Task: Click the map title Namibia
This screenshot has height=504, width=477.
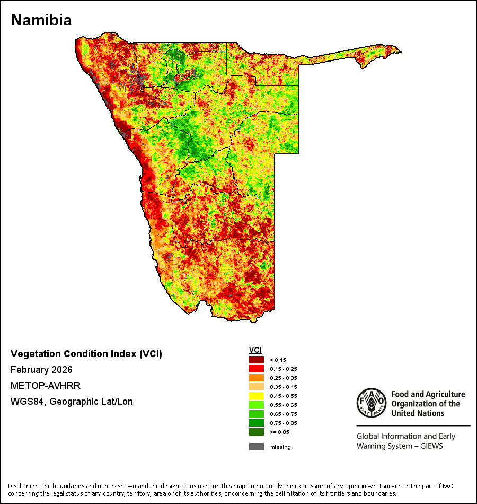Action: [x=41, y=20]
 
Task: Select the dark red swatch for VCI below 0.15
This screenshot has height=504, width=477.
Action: [x=257, y=360]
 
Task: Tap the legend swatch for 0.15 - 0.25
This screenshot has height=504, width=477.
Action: [x=257, y=369]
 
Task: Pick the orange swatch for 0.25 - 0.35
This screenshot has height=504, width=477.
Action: [x=257, y=378]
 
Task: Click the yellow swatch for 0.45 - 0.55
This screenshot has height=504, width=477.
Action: [x=257, y=396]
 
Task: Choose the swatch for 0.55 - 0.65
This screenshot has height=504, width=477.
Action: [x=257, y=405]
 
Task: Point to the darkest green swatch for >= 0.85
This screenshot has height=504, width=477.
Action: [x=257, y=432]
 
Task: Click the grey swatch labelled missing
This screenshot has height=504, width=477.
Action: [x=257, y=447]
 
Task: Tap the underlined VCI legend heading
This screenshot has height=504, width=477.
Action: [x=255, y=350]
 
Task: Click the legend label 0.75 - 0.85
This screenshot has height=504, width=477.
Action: [x=284, y=423]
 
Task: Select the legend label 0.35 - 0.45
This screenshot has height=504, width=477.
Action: [x=284, y=387]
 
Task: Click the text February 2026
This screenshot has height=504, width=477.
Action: [x=41, y=370]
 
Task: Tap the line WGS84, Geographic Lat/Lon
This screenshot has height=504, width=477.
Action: [x=72, y=402]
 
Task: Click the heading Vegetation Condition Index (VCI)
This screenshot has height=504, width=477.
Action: [x=86, y=354]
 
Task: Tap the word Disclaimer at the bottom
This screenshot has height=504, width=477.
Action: [x=22, y=486]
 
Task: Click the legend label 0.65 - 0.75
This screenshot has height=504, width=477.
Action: [x=284, y=414]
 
